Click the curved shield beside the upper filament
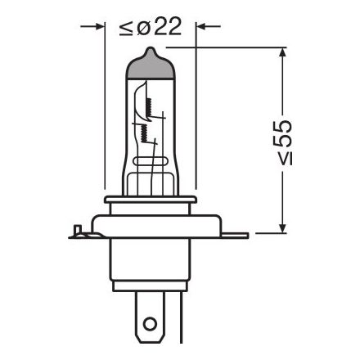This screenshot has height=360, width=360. pyautogui.click(x=141, y=90)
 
